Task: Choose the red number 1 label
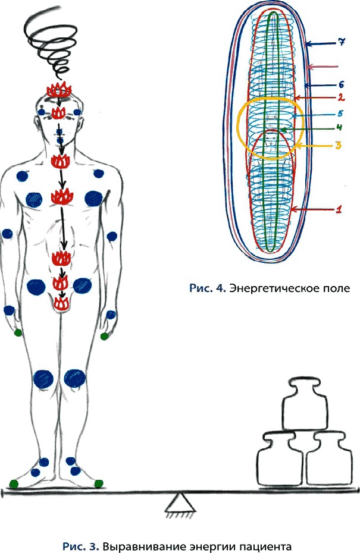click(x=339, y=209)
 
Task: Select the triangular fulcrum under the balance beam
click(x=177, y=505)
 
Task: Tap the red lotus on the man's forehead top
click(x=59, y=90)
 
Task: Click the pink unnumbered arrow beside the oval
click(x=327, y=65)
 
